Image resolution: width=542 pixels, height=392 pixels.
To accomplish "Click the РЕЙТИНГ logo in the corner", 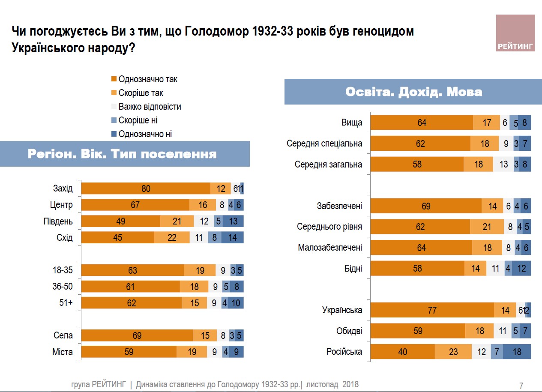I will click(515, 33).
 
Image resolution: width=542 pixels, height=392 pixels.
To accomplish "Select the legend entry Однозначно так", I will click(148, 79).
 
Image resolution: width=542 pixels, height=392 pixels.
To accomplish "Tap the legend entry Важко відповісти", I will click(150, 107).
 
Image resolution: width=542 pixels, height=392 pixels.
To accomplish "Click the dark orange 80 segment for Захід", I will click(146, 189).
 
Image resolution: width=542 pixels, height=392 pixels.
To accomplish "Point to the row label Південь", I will click(58, 221).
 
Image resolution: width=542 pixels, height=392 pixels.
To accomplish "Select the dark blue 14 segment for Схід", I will click(232, 237).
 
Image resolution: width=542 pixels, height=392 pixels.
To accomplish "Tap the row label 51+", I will click(66, 303).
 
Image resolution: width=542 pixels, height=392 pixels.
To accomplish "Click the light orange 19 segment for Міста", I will click(192, 352).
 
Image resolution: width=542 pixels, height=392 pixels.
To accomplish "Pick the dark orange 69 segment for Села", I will click(137, 335).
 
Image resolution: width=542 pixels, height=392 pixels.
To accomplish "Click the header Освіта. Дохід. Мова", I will click(413, 92).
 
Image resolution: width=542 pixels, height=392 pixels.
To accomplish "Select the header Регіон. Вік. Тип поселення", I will click(122, 154).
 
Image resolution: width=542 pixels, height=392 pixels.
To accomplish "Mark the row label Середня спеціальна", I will click(324, 144).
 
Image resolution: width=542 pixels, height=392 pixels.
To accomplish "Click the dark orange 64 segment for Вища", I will click(422, 123).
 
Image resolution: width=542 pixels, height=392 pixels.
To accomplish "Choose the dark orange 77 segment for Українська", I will click(432, 310).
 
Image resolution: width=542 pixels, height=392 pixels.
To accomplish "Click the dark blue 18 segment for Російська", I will click(517, 352).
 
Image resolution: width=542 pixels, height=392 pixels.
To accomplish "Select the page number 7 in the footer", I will click(521, 386).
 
